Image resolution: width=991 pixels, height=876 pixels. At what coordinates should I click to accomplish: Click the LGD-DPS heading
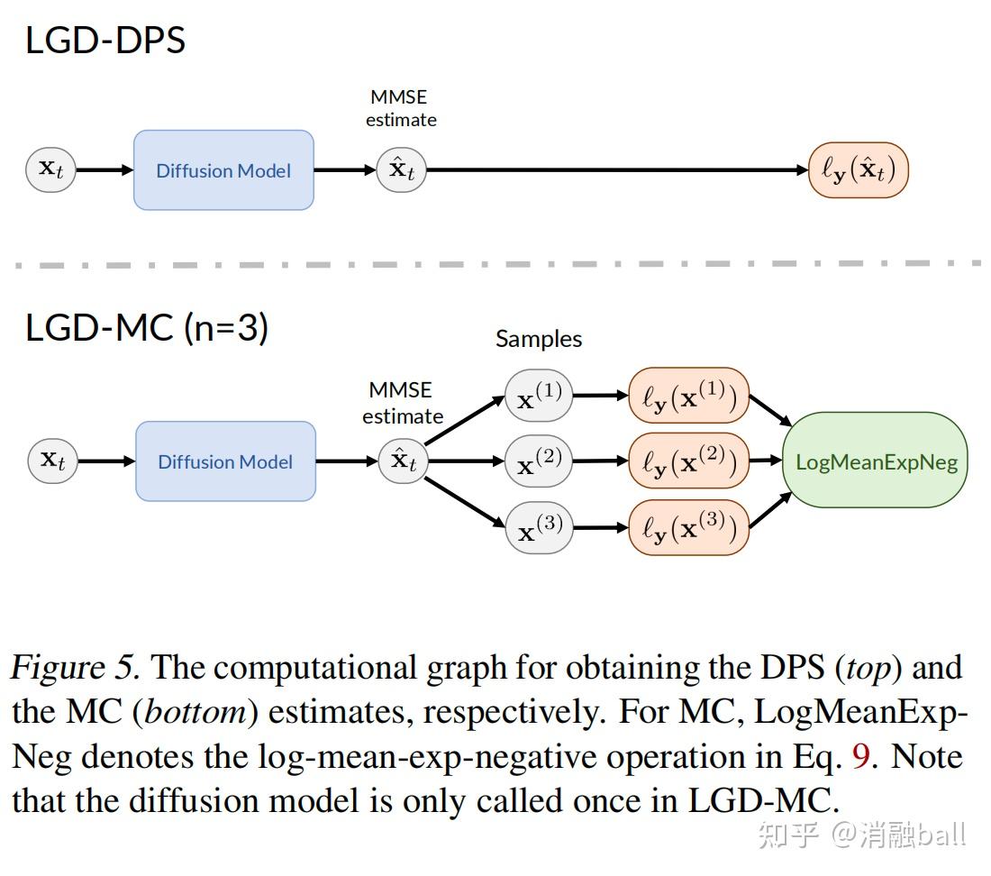click(x=105, y=41)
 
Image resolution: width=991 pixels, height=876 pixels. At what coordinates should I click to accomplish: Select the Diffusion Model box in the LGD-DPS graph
click(x=223, y=170)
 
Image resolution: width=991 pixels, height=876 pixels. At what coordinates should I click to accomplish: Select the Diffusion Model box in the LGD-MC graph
click(x=225, y=461)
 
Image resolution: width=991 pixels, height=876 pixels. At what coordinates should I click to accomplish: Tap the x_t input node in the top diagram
click(x=50, y=169)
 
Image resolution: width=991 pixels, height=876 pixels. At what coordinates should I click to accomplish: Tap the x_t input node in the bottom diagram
click(x=53, y=461)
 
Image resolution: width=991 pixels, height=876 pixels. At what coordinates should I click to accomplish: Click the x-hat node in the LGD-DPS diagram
click(x=401, y=169)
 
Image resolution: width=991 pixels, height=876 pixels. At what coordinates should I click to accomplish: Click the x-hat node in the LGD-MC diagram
click(x=403, y=461)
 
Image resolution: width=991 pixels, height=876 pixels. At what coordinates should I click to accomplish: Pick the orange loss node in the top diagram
click(x=859, y=169)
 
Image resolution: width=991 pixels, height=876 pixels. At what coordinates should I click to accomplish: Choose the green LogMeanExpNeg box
click(x=875, y=461)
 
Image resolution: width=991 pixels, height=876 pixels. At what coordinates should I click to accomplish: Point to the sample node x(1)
click(x=539, y=396)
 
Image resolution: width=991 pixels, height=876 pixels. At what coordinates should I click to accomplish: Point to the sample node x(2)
click(x=539, y=461)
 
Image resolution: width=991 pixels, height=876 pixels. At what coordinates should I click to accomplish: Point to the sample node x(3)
click(x=539, y=527)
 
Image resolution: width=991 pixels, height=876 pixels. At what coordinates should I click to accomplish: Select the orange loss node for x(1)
click(x=689, y=396)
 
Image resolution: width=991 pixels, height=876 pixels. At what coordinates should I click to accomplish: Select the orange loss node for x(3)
click(x=689, y=527)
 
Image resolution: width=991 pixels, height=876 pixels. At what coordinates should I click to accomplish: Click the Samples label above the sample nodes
click(x=539, y=339)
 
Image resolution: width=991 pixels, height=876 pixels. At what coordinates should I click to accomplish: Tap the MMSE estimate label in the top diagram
click(x=400, y=108)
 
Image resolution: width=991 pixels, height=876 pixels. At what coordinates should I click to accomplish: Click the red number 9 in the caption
click(x=860, y=756)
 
